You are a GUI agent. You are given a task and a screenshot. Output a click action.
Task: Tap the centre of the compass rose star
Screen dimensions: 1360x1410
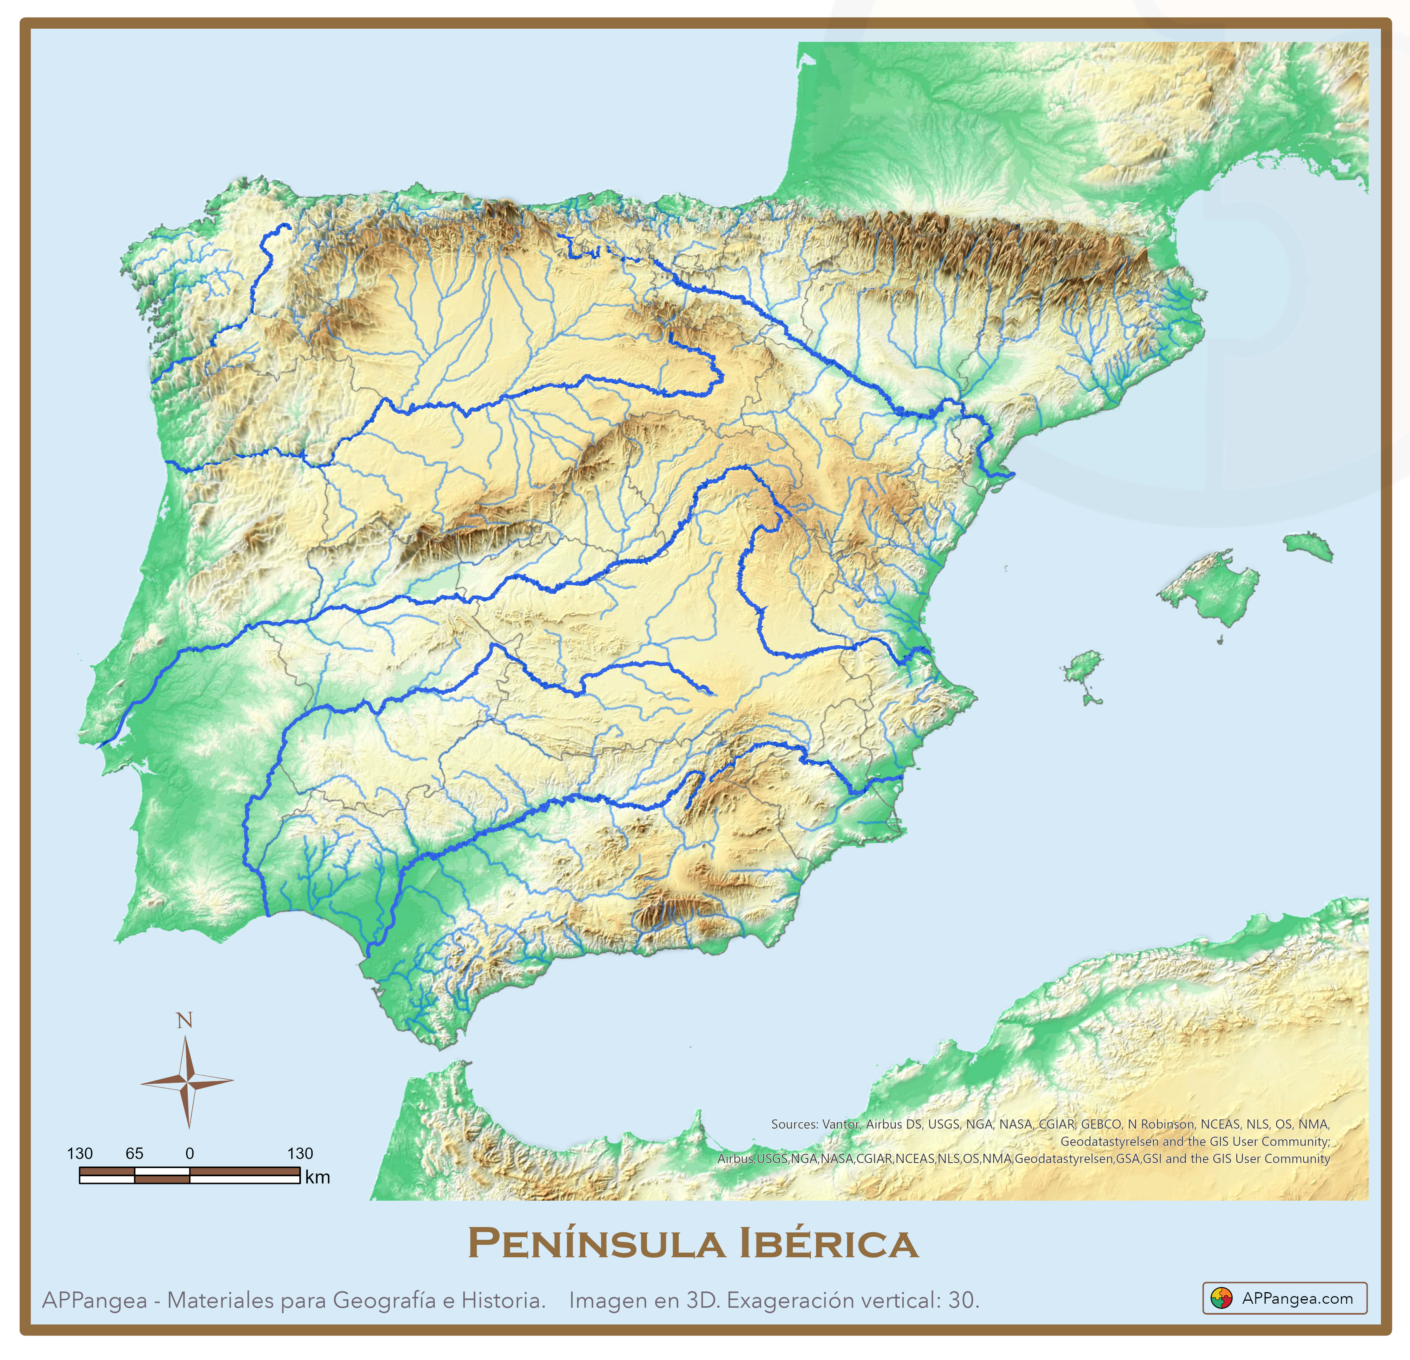tap(187, 1081)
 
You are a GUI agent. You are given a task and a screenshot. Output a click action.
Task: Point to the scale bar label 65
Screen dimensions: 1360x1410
tap(135, 1154)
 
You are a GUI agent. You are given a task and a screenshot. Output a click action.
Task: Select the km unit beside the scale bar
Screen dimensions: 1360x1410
tap(317, 1177)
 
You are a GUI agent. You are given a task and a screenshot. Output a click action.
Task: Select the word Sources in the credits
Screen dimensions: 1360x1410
tap(794, 1124)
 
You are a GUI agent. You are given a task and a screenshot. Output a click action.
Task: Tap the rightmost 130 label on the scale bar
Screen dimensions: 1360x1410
tap(300, 1154)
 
